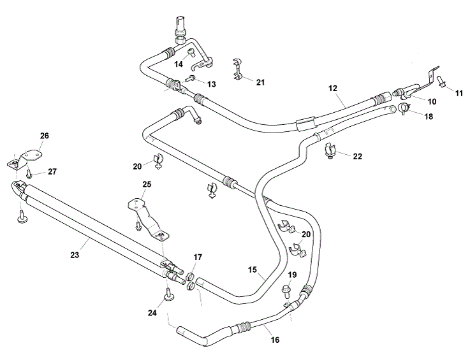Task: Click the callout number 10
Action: click(x=432, y=101)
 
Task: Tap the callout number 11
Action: click(x=459, y=92)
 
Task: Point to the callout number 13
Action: click(x=211, y=83)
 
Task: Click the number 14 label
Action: click(x=179, y=64)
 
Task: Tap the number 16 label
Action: click(x=275, y=340)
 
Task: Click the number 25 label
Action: click(x=147, y=184)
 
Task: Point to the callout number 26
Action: click(x=44, y=135)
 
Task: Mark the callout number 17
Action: click(x=198, y=257)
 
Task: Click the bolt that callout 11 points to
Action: click(x=441, y=80)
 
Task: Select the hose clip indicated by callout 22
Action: click(x=329, y=152)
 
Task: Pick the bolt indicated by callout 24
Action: click(x=168, y=293)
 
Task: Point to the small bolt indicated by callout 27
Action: click(x=29, y=172)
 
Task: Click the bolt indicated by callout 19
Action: click(x=286, y=292)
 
